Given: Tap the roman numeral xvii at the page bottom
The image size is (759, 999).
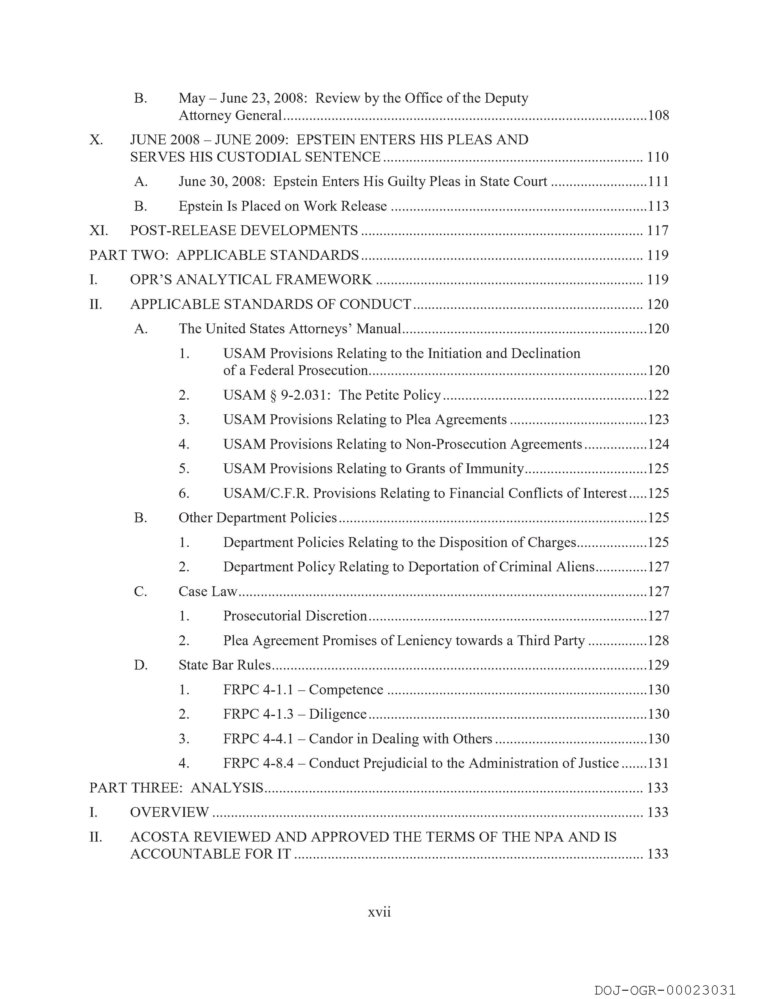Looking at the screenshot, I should click(x=379, y=912).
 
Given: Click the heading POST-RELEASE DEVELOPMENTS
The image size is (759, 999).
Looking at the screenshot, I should click(x=244, y=231).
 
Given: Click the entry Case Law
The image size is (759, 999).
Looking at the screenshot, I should click(x=208, y=592).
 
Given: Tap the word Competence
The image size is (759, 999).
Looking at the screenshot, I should click(x=346, y=690).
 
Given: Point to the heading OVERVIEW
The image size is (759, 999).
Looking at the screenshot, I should click(x=169, y=812).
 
